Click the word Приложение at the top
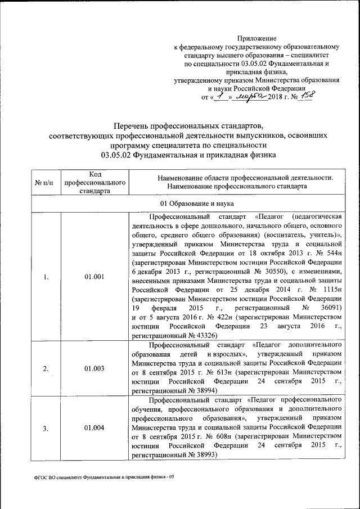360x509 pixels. [256, 38]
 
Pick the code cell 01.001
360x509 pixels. [94, 276]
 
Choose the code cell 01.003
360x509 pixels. [94, 368]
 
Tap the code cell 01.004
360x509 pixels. [94, 429]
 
